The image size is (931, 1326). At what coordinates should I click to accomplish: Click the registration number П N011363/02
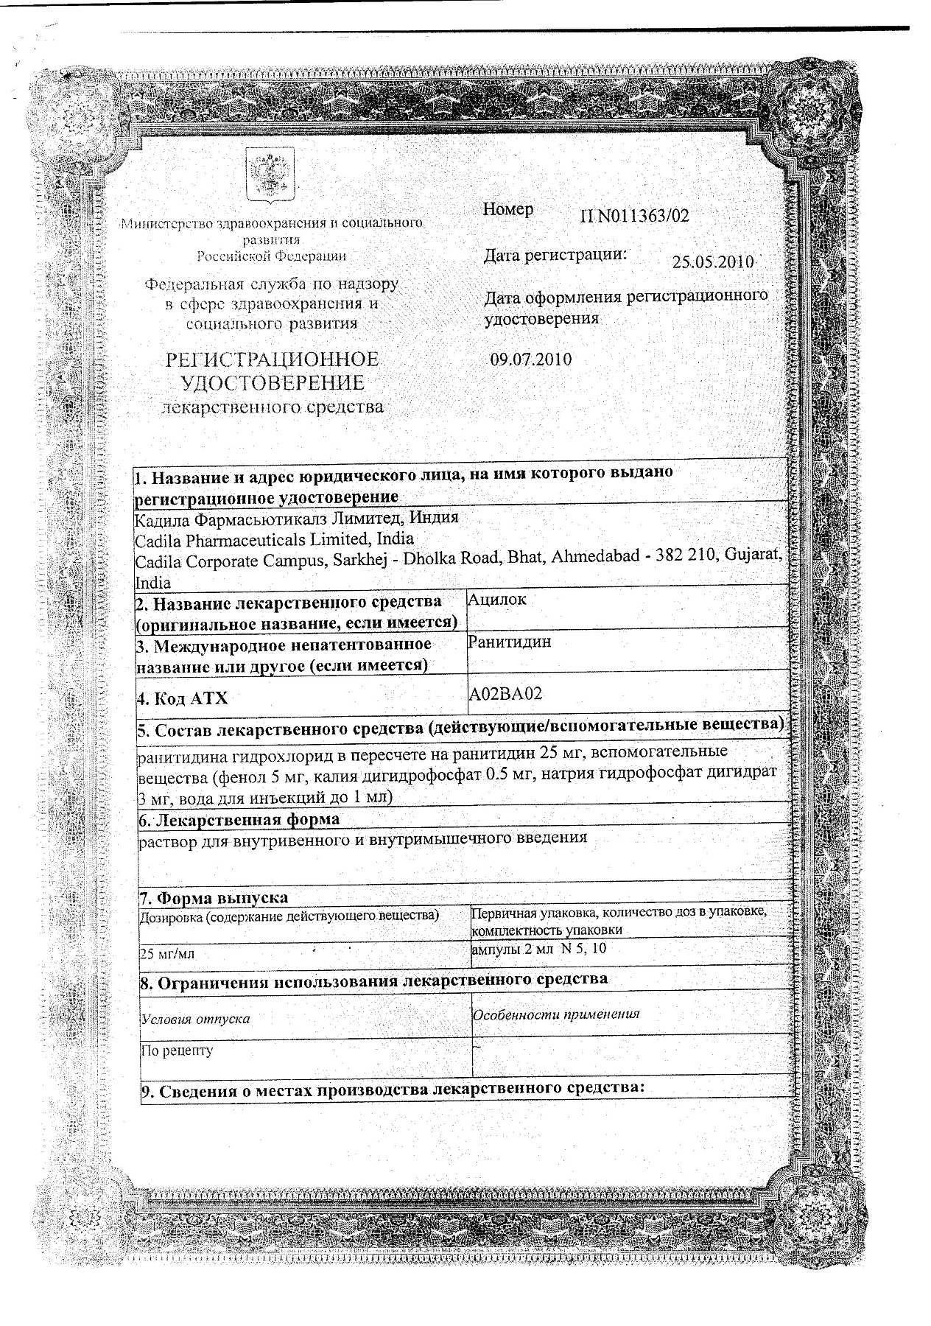pyautogui.click(x=636, y=216)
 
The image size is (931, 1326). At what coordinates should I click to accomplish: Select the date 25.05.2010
pyautogui.click(x=713, y=262)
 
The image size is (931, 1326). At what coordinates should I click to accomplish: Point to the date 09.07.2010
pyautogui.click(x=530, y=360)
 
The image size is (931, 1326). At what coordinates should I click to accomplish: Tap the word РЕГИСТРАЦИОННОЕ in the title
pyautogui.click(x=273, y=360)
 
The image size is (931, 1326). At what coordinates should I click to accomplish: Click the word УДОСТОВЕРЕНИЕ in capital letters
pyautogui.click(x=273, y=383)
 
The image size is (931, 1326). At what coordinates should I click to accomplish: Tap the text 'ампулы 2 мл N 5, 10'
pyautogui.click(x=538, y=949)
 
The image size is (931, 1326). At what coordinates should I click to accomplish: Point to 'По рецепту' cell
pyautogui.click(x=177, y=1050)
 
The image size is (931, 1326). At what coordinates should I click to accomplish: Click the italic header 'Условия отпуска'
pyautogui.click(x=195, y=1019)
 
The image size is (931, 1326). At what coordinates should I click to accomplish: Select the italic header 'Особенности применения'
pyautogui.click(x=556, y=1014)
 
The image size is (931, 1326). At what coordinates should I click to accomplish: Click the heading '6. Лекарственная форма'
pyautogui.click(x=239, y=820)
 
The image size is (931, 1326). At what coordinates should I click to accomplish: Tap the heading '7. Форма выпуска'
pyautogui.click(x=214, y=898)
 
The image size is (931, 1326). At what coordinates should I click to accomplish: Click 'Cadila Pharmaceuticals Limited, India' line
pyautogui.click(x=275, y=539)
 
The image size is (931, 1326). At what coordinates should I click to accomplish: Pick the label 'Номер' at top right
pyautogui.click(x=508, y=209)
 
